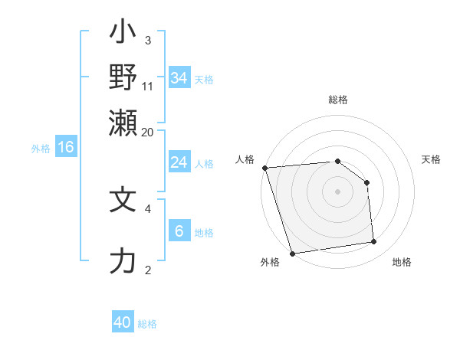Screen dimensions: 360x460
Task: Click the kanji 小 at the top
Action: (x=123, y=34)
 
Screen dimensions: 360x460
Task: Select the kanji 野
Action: (x=123, y=77)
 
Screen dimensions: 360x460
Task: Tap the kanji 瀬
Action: (x=123, y=122)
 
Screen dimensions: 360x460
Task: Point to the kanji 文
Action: (x=123, y=200)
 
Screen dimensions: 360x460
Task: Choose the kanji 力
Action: (x=123, y=262)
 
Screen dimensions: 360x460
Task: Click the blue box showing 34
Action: (x=179, y=78)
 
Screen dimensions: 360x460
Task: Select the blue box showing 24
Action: (x=179, y=162)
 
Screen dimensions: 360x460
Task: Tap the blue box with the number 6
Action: (x=179, y=231)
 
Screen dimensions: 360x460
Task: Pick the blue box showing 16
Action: (x=65, y=147)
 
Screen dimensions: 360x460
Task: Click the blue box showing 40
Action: (x=122, y=322)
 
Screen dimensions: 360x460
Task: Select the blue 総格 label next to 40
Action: (x=147, y=324)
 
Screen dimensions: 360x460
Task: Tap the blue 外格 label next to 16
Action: (x=41, y=149)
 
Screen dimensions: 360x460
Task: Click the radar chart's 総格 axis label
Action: (x=337, y=100)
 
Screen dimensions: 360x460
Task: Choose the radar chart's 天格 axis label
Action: (x=431, y=159)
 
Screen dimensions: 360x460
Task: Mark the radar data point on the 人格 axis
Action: (x=264, y=168)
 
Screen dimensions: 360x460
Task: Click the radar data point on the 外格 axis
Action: (x=292, y=253)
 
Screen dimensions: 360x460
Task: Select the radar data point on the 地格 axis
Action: (x=374, y=242)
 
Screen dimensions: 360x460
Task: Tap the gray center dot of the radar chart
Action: (x=337, y=191)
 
